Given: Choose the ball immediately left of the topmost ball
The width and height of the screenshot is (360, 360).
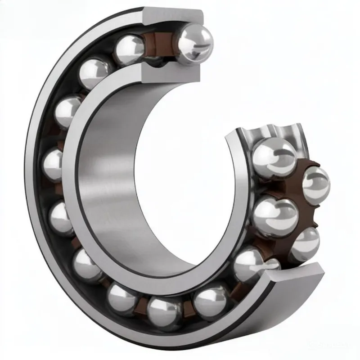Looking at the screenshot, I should (x=130, y=49).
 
